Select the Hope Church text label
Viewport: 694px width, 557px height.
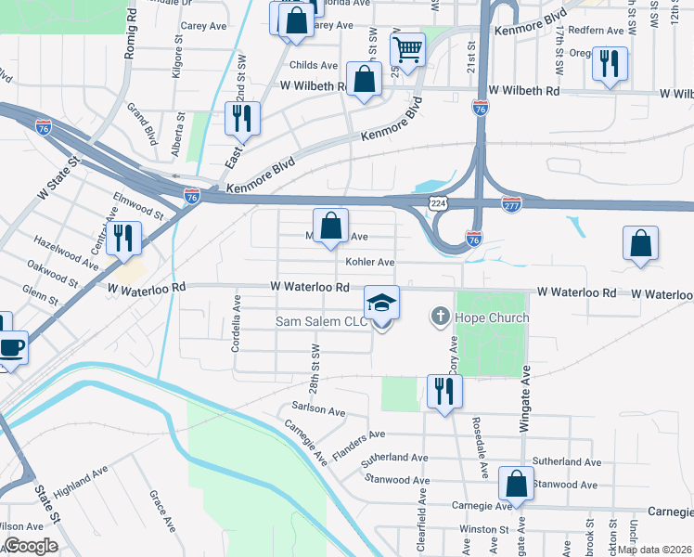(491, 317)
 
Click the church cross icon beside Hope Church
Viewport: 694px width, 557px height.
(441, 317)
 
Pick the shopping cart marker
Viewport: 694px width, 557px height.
(407, 50)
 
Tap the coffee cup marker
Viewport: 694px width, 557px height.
(11, 349)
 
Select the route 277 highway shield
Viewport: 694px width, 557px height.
(511, 204)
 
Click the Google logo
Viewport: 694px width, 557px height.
(31, 546)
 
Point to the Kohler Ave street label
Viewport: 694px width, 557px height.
(371, 263)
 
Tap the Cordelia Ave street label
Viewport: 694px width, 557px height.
(237, 317)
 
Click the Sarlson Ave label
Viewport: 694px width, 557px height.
(318, 410)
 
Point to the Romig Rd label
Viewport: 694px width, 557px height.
(130, 37)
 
